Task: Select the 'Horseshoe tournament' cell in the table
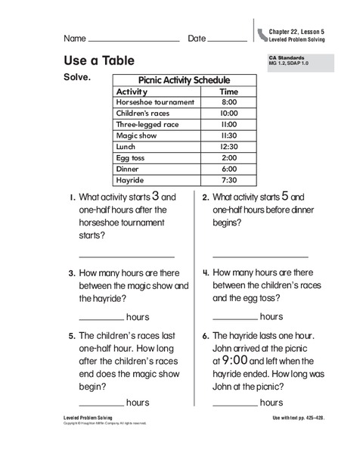coord(155,102)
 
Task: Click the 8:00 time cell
coord(229,102)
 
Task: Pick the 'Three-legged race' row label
coord(147,124)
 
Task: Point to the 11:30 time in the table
coord(229,135)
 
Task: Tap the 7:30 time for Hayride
coord(229,181)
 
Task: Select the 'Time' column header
coord(228,91)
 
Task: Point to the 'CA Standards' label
coord(286,58)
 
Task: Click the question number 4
coord(205,272)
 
